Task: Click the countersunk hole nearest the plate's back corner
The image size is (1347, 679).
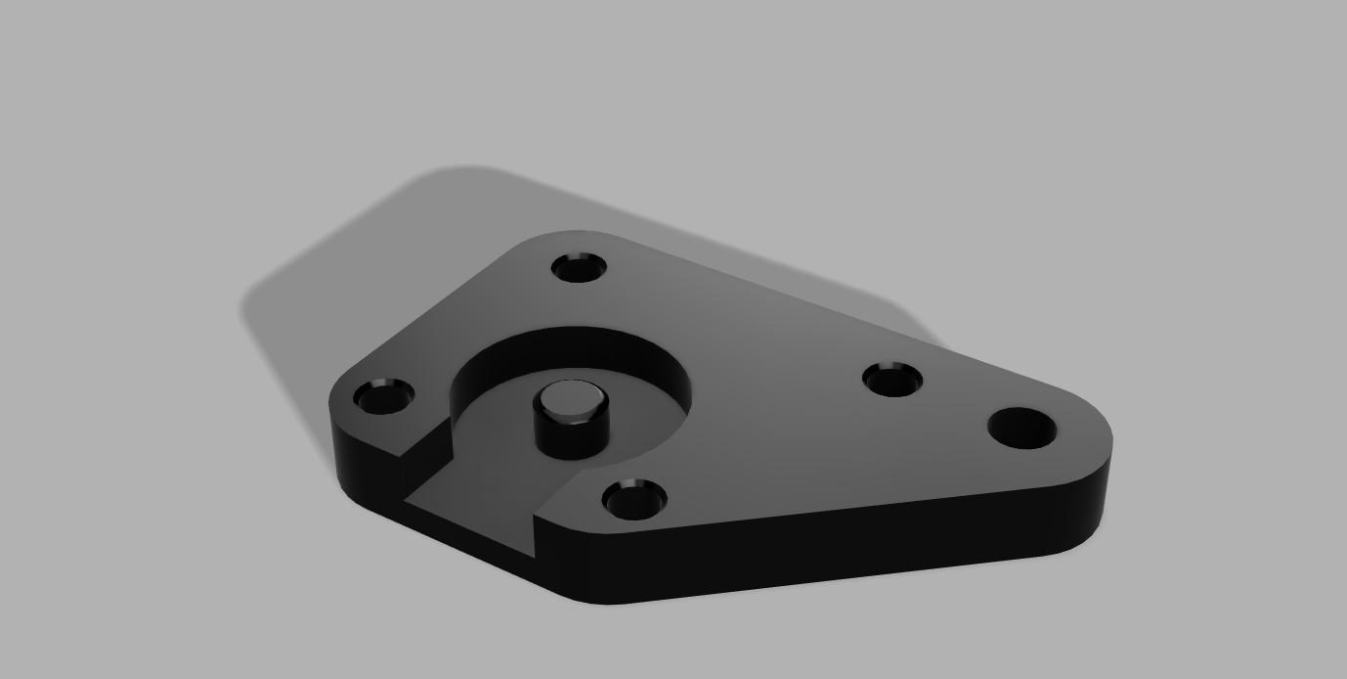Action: [x=580, y=267]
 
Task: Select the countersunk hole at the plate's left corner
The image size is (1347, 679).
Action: [x=384, y=397]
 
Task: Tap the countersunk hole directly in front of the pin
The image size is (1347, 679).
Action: [x=635, y=500]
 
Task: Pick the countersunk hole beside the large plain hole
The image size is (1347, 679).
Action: [x=892, y=380]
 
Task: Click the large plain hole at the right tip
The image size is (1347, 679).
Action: [x=1022, y=429]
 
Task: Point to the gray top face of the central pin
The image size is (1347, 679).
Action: [x=571, y=399]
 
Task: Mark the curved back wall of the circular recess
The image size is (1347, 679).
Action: [x=577, y=347]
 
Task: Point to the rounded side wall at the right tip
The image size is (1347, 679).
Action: [x=1105, y=479]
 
